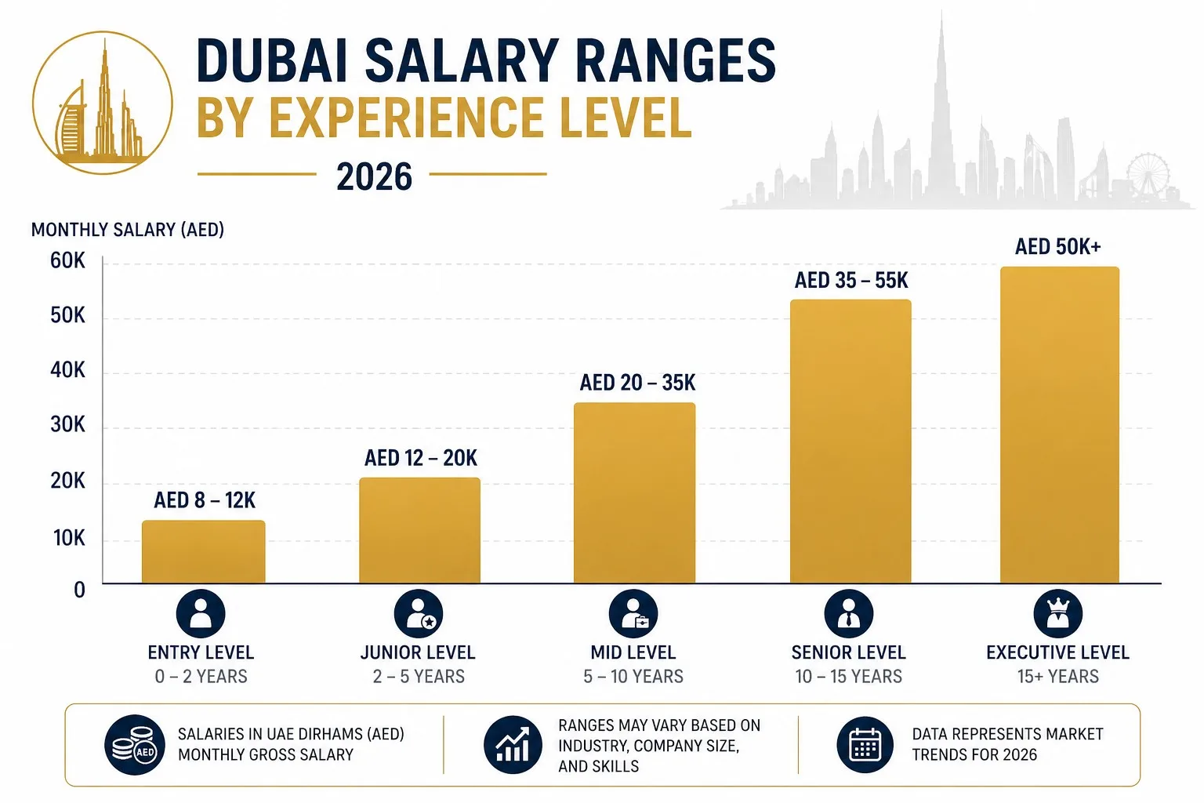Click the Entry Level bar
[x=203, y=552]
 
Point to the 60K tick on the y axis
[x=67, y=261]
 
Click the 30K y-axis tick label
[x=67, y=425]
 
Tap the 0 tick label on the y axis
[x=79, y=590]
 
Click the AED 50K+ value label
[x=1057, y=247]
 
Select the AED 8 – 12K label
[x=205, y=500]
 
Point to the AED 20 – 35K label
[x=637, y=383]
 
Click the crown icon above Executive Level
[x=1057, y=613]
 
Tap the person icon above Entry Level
[x=201, y=613]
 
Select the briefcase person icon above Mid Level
[x=633, y=613]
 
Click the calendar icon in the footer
[x=865, y=745]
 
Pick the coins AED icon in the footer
[x=135, y=745]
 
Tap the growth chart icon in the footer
[x=513, y=745]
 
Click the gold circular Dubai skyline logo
[x=103, y=102]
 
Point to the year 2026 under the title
[x=374, y=177]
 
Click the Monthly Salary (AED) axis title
[x=128, y=230]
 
